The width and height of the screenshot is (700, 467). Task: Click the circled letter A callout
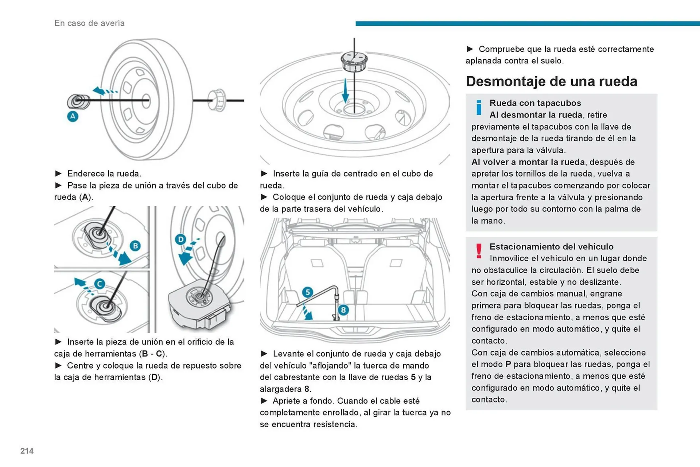73,117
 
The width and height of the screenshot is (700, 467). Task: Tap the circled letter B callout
135,246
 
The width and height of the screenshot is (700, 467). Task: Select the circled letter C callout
100,284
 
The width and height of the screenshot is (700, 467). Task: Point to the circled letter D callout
180,240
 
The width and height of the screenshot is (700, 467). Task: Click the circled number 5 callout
308,292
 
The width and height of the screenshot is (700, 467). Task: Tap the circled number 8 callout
343,310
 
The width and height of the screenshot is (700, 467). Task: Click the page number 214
27,451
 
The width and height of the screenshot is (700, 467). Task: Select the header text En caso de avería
89,23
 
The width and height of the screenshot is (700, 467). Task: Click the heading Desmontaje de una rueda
551,81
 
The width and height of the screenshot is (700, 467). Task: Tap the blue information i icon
479,108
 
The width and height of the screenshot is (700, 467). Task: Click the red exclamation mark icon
479,251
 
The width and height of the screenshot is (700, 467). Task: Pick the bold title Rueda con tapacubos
535,103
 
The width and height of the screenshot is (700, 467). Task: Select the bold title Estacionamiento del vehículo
551,247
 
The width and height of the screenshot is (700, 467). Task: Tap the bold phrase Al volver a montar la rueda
528,162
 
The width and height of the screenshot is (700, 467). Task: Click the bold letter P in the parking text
508,365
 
